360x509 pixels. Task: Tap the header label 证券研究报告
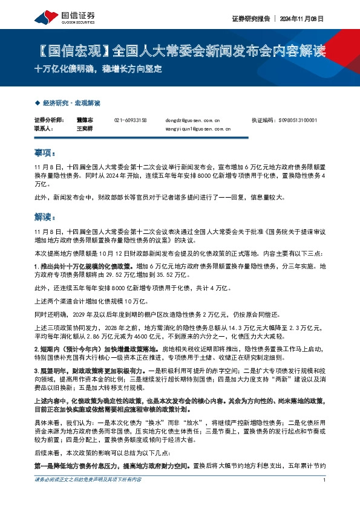249,19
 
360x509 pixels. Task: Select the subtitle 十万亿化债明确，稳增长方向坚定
98,69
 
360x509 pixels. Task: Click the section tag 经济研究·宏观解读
71,103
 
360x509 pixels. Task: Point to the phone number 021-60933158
130,120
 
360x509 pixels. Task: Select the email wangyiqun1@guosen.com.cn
193,129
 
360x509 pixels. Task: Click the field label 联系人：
44,129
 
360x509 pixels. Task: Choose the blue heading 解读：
45,216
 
